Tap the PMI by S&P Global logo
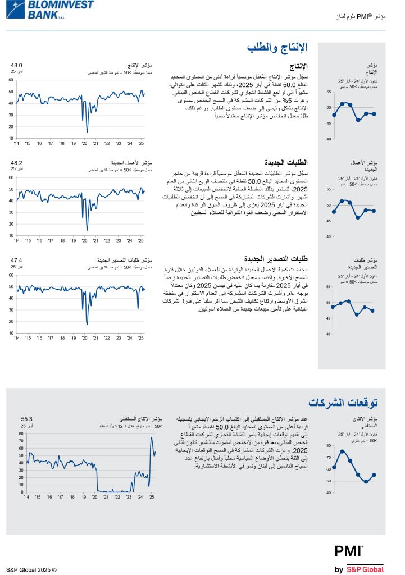360,559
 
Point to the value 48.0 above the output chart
16,65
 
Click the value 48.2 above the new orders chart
16,163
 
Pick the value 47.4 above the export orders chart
16,260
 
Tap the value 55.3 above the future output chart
27,419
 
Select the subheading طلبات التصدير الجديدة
279,259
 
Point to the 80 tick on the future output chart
21,433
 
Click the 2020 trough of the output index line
87,132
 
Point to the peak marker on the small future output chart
342,451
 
